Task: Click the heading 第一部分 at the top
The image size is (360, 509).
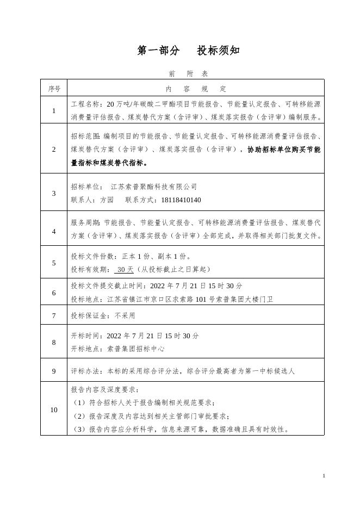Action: (158, 51)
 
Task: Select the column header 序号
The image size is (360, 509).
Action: (54, 89)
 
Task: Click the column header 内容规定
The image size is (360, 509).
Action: (196, 89)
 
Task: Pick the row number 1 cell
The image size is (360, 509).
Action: (54, 111)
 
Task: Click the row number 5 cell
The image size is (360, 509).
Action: (54, 263)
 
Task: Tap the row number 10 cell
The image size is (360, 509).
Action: (54, 409)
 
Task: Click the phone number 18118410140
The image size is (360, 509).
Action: (181, 200)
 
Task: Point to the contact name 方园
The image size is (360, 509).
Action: (107, 200)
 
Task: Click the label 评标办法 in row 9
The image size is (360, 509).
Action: (86, 372)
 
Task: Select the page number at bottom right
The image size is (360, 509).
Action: (324, 476)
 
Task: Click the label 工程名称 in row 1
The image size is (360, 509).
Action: (86, 104)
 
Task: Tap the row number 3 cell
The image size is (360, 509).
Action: (54, 193)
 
